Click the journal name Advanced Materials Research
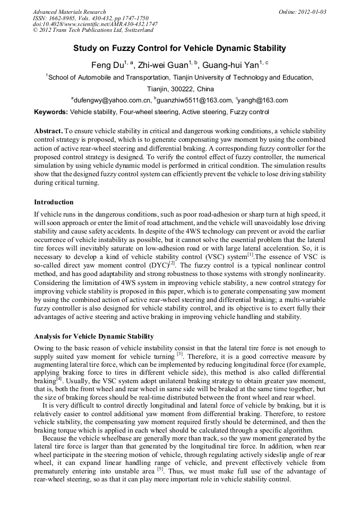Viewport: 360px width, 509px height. (69, 12)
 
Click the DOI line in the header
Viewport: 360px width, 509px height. (95, 24)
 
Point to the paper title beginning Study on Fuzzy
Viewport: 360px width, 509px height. (179, 48)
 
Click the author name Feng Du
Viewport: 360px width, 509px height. (107, 65)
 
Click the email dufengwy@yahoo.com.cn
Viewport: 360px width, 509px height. (112, 100)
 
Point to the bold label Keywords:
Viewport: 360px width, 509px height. (51, 112)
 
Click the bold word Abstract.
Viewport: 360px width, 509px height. (48, 131)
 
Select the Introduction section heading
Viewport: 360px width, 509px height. (54, 202)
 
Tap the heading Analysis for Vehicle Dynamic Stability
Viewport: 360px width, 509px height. (93, 337)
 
